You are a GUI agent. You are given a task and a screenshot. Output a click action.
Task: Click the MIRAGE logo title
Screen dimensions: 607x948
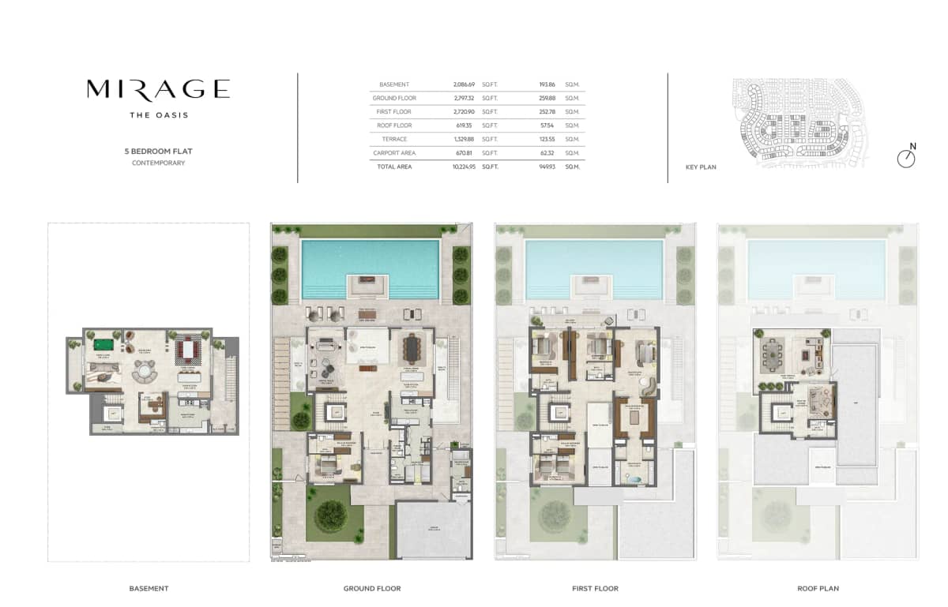pyautogui.click(x=158, y=89)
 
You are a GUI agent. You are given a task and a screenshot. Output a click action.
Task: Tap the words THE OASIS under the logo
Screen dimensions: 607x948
pyautogui.click(x=158, y=115)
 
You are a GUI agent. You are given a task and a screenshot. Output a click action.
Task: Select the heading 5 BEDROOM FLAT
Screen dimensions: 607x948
pyautogui.click(x=158, y=151)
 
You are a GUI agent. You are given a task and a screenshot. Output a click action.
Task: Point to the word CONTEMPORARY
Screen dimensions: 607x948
pyautogui.click(x=158, y=163)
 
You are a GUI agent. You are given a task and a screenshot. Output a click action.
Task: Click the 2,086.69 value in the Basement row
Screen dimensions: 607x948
pyautogui.click(x=464, y=84)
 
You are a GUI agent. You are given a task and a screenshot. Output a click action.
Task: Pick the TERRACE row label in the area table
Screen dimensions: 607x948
pyautogui.click(x=394, y=140)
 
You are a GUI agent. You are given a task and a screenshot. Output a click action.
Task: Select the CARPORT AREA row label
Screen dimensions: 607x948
pyautogui.click(x=394, y=153)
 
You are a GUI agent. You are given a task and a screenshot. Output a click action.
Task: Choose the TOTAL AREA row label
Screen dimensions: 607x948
pyautogui.click(x=394, y=167)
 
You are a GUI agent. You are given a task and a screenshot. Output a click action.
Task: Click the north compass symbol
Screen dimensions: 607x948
pyautogui.click(x=906, y=158)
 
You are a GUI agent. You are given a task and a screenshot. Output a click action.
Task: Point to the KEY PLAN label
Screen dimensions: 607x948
pyautogui.click(x=701, y=167)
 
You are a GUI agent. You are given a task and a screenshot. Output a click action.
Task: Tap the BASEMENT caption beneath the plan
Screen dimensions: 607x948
pyautogui.click(x=149, y=589)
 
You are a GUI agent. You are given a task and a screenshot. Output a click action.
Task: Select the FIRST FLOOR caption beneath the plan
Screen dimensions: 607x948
pyautogui.click(x=595, y=589)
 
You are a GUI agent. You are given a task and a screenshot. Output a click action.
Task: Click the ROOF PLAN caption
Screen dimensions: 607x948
pyautogui.click(x=818, y=589)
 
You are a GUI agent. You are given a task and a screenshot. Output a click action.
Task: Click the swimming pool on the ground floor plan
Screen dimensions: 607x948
pyautogui.click(x=370, y=268)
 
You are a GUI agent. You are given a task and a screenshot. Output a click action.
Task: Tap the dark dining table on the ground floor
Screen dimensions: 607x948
pyautogui.click(x=412, y=347)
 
